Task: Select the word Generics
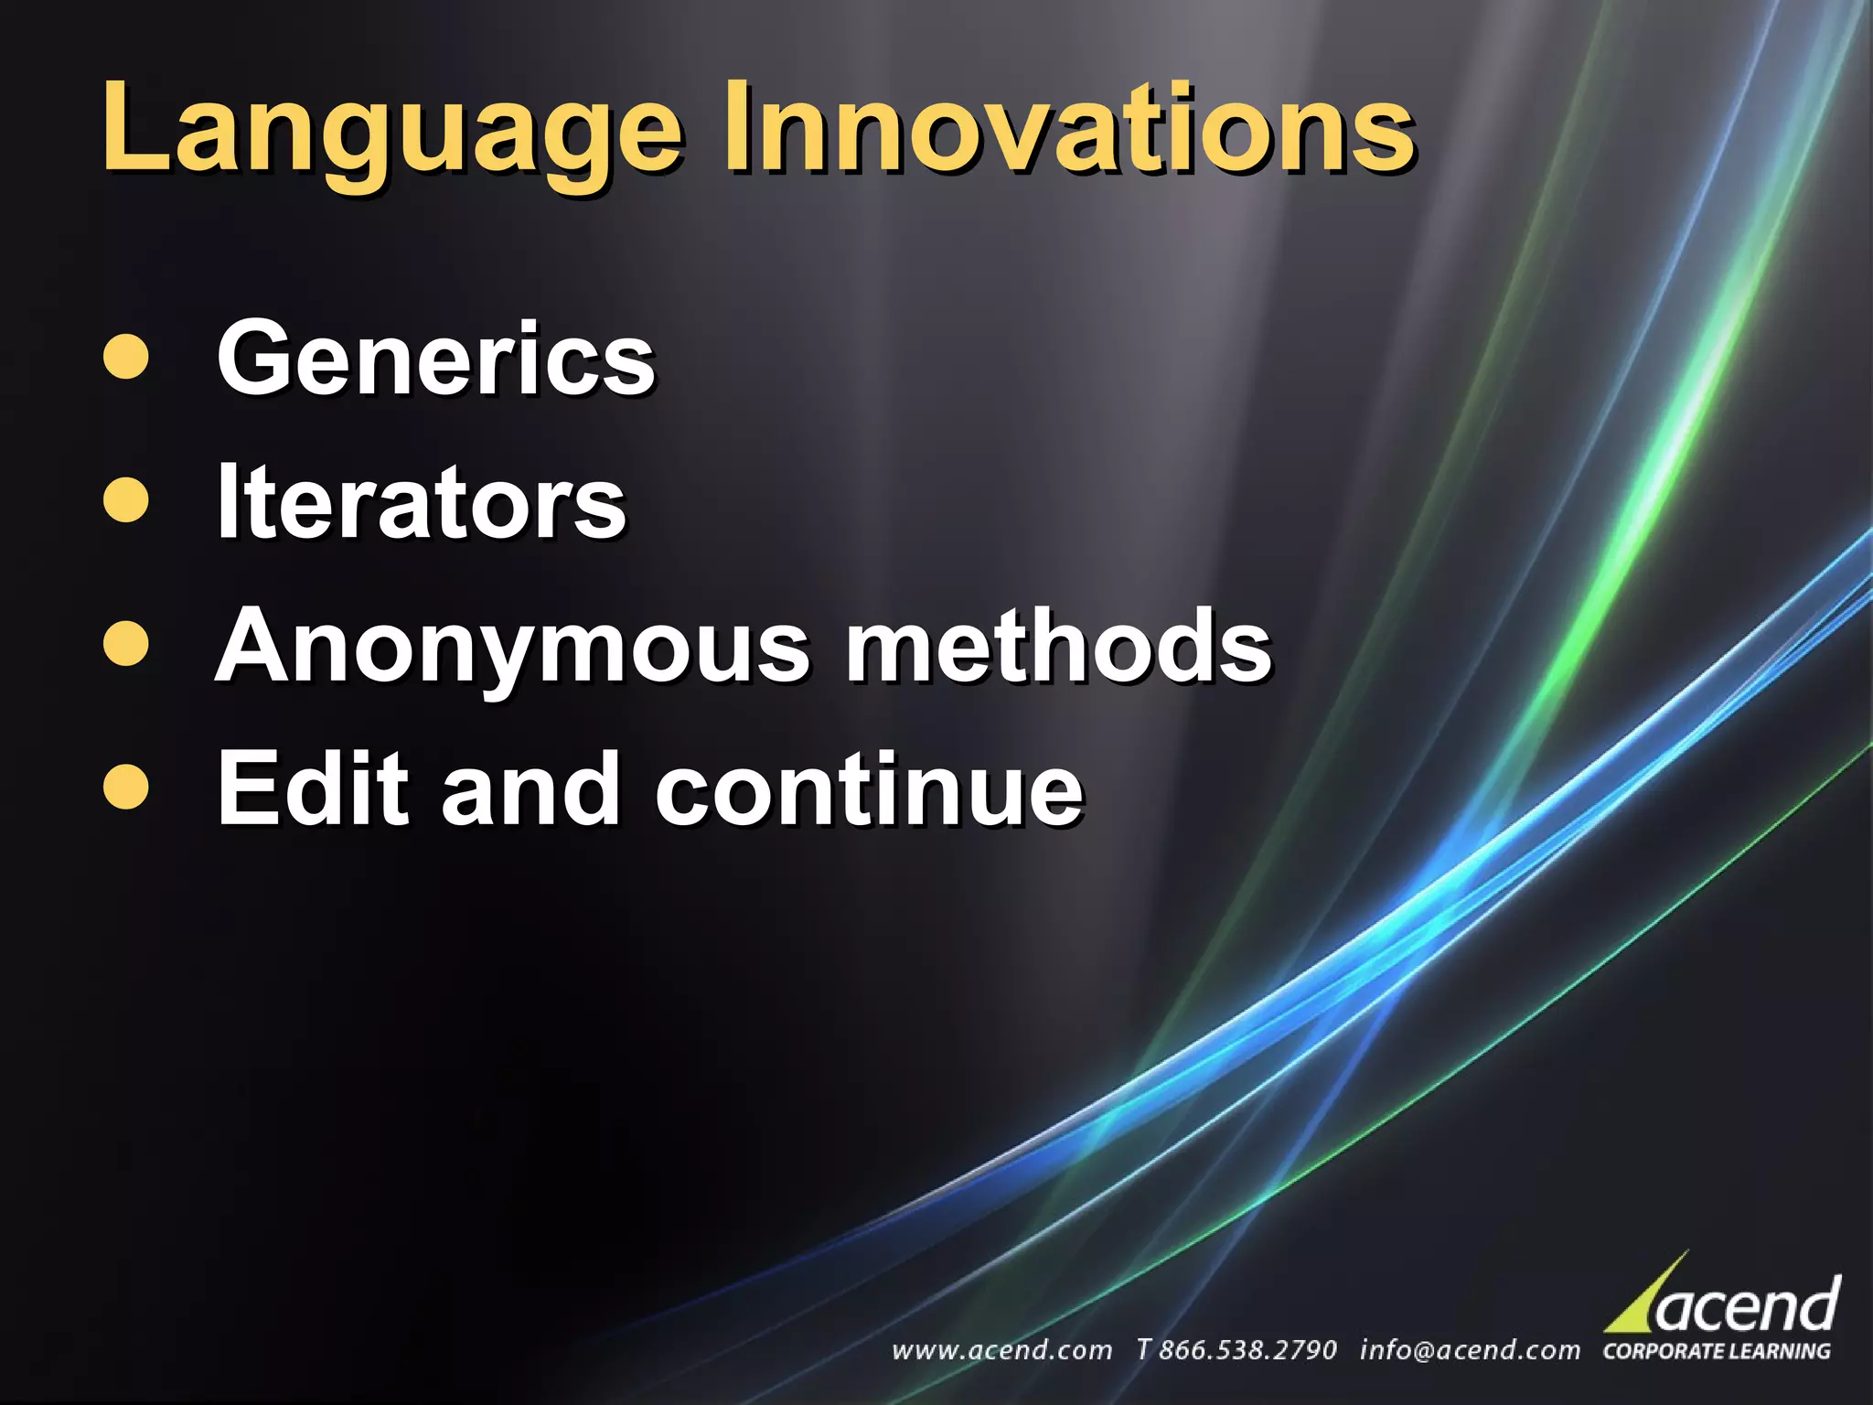click(x=435, y=359)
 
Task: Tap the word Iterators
click(x=421, y=502)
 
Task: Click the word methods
click(x=1058, y=646)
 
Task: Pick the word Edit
click(x=312, y=788)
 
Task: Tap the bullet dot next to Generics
click(x=126, y=358)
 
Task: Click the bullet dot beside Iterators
click(x=126, y=500)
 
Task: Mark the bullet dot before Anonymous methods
click(x=126, y=644)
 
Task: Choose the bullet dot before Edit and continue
click(x=126, y=788)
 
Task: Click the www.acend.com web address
click(x=1002, y=1350)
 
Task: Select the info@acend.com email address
click(x=1470, y=1350)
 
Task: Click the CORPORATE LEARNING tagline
click(x=1717, y=1351)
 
